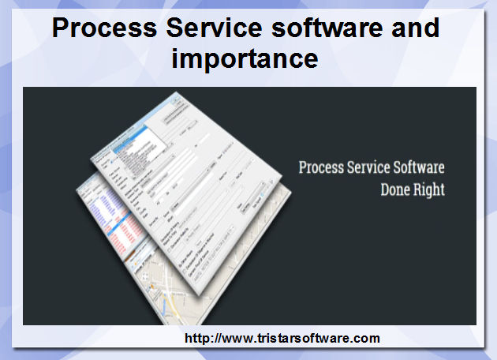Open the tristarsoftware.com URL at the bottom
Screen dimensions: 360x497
click(282, 339)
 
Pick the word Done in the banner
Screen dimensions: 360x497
click(397, 190)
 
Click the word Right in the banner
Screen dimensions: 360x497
click(430, 190)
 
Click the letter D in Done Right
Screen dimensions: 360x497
click(385, 190)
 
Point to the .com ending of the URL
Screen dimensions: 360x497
click(367, 339)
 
